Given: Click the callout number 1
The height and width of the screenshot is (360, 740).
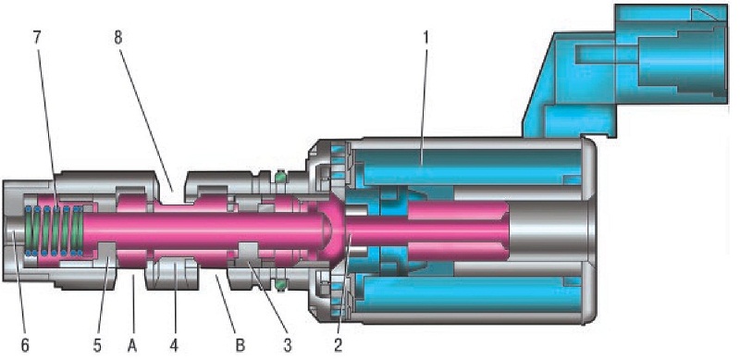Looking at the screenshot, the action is click(425, 39).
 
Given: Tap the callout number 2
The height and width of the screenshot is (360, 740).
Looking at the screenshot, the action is click(338, 345).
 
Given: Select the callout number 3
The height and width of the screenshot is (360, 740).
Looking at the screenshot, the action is click(287, 345).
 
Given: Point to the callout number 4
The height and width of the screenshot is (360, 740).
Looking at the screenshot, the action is click(174, 345).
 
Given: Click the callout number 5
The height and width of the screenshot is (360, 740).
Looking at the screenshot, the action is click(97, 345).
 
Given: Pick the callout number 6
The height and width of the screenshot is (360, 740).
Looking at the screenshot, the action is click(25, 345).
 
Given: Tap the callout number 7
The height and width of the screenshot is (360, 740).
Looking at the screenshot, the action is click(37, 39).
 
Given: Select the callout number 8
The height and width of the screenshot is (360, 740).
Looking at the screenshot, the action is click(118, 39).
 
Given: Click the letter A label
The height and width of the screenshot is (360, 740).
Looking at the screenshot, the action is click(132, 345).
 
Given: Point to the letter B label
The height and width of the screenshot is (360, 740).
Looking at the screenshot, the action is click(240, 345).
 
